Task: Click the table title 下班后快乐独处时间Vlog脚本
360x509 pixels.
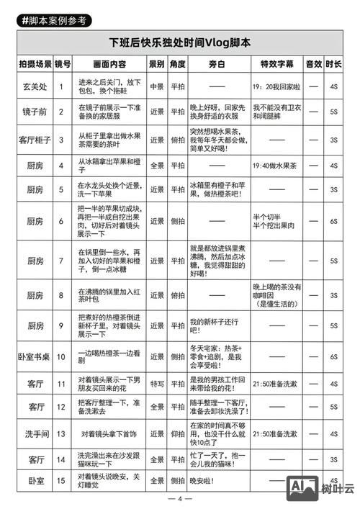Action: (x=180, y=43)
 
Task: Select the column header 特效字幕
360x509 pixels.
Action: (x=276, y=64)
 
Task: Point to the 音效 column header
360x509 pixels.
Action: (x=313, y=64)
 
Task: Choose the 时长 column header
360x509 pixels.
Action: (x=333, y=64)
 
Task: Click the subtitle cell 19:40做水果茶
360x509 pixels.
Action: (x=276, y=166)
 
